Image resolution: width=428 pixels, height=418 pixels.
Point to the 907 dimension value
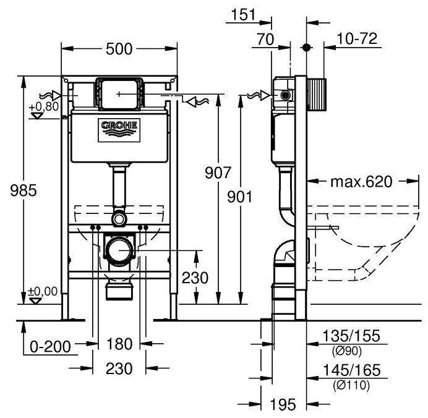pos(218,173)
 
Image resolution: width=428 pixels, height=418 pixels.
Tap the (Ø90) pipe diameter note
pos(346,351)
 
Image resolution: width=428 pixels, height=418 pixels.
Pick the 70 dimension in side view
pos(266,39)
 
